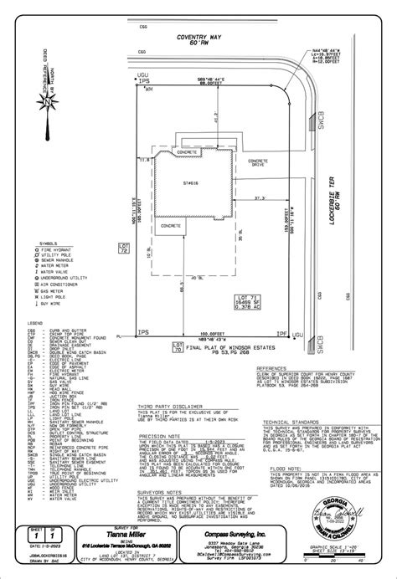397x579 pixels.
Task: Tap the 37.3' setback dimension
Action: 249,197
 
